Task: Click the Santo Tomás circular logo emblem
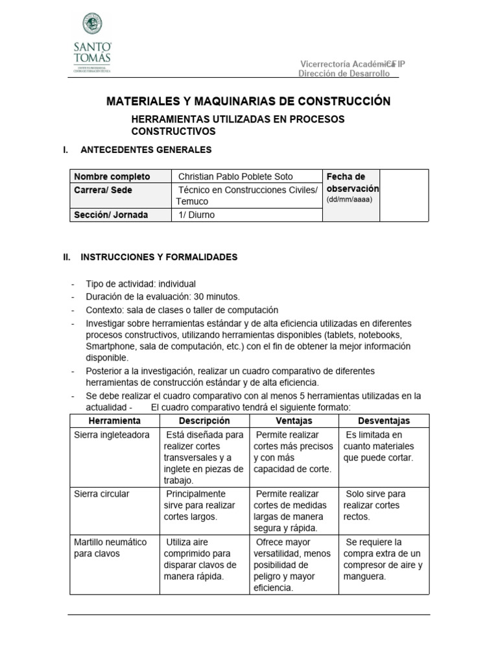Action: click(x=96, y=24)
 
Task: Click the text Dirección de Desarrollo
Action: click(x=344, y=74)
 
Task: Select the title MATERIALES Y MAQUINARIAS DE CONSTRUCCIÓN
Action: click(x=248, y=102)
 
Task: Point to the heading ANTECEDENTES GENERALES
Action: click(x=146, y=150)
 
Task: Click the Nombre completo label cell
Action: click(x=112, y=176)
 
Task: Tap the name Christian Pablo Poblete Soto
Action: click(x=235, y=176)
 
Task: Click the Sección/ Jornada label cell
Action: click(x=111, y=215)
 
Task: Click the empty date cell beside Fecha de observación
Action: click(x=403, y=195)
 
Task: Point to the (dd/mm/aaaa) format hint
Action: click(x=349, y=200)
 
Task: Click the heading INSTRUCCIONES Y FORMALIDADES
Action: click(x=159, y=257)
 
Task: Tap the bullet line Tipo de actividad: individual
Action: click(x=141, y=284)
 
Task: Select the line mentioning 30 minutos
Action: click(x=163, y=297)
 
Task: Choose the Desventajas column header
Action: click(x=384, y=421)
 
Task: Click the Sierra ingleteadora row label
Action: click(x=112, y=434)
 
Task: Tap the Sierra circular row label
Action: click(x=102, y=494)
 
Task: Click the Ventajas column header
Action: click(x=294, y=421)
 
